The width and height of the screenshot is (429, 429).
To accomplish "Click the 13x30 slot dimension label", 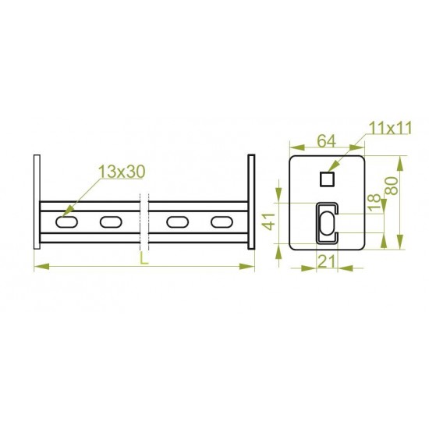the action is [122, 172].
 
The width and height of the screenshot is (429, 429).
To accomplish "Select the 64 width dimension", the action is [326, 141].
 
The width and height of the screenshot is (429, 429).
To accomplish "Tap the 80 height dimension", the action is [392, 186].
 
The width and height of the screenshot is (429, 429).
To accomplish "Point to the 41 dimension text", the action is [269, 221].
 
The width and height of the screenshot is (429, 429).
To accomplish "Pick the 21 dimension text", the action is [327, 261].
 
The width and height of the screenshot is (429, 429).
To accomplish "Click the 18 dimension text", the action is [374, 202].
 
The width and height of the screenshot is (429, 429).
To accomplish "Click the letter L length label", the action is [144, 258].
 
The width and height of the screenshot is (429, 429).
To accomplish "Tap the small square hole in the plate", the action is [328, 179].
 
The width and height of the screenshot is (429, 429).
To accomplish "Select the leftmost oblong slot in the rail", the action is [66, 222].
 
